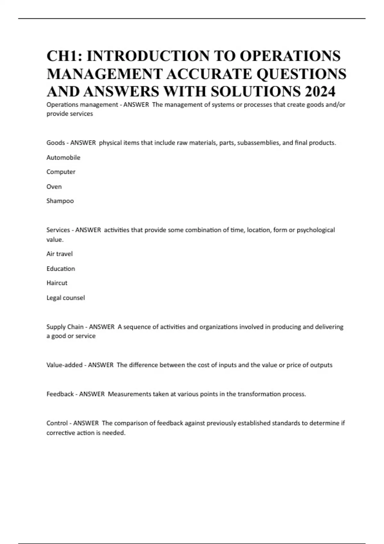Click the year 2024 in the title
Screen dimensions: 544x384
point(320,92)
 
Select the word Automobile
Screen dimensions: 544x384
point(63,157)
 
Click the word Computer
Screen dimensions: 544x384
point(61,172)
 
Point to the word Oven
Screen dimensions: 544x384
point(54,187)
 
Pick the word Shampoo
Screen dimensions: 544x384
point(60,201)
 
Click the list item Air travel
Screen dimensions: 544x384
point(60,254)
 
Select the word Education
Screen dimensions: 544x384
point(61,268)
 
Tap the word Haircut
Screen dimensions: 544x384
point(57,283)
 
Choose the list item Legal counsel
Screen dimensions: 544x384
point(66,298)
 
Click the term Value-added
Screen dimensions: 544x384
point(64,365)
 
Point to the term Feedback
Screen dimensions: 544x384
point(60,394)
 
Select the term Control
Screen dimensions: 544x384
point(57,423)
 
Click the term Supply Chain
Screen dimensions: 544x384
point(65,327)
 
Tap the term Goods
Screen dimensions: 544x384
point(56,143)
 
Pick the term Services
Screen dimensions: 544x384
point(58,230)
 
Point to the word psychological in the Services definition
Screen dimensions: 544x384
point(316,230)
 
